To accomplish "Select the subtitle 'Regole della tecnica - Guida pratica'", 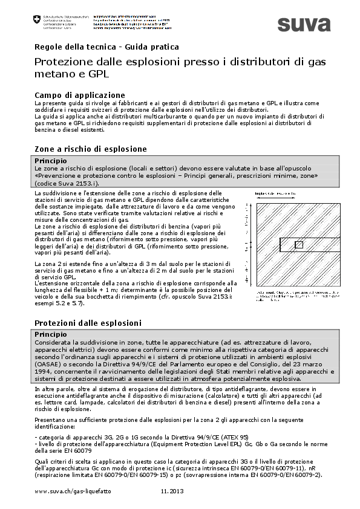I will point(106,47).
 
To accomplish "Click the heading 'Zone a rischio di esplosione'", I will point(90,149).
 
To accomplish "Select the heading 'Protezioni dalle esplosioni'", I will point(88,323).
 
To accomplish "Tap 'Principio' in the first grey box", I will point(50,160).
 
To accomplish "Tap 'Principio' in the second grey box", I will point(50,334).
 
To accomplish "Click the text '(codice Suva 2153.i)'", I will point(67,183).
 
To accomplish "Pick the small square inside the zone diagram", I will point(298,244).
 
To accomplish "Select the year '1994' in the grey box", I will point(44,372).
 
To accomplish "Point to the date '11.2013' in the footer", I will point(172,493).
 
